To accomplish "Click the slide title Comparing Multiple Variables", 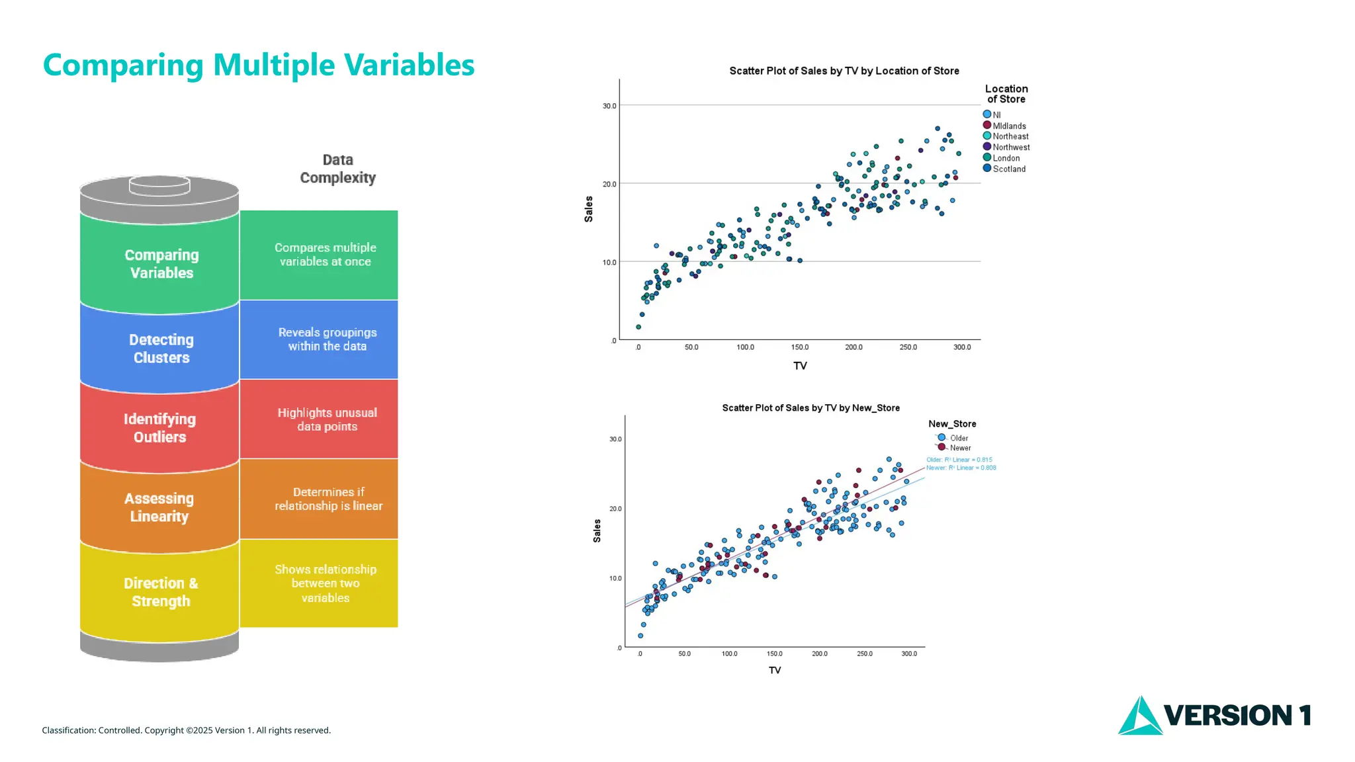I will click(x=258, y=65).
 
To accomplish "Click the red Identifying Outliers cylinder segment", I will click(x=159, y=428).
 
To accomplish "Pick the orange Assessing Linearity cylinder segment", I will click(x=159, y=507).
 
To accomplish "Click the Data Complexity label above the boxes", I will click(x=337, y=169).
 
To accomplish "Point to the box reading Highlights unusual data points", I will click(x=327, y=419).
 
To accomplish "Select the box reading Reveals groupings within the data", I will click(x=327, y=339).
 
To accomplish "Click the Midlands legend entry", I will click(x=1008, y=126).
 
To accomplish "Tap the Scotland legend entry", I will click(x=1008, y=169).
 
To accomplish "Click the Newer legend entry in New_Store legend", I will click(x=959, y=448).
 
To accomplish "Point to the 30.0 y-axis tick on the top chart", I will click(x=609, y=106).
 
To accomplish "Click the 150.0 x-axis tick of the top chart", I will click(x=799, y=347).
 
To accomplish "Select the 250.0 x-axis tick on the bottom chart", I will click(x=864, y=654).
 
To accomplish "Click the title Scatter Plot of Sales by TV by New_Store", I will click(x=810, y=408).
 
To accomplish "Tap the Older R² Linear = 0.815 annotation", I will click(x=959, y=460).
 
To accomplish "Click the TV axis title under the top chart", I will click(x=800, y=366).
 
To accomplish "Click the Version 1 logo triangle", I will click(x=1139, y=718).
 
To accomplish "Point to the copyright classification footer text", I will click(x=186, y=730).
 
